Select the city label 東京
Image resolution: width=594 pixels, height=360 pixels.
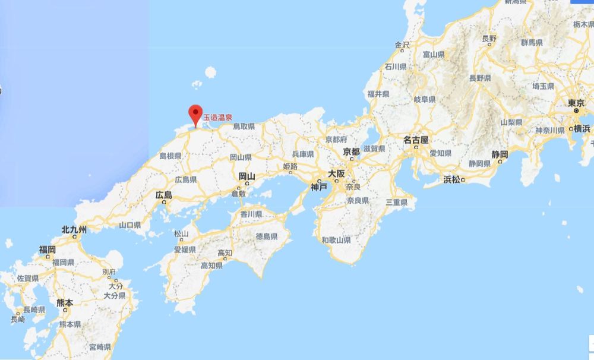coord(576,103)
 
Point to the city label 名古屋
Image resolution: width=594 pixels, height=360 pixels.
coord(416,141)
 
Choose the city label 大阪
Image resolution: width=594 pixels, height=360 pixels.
coord(336,174)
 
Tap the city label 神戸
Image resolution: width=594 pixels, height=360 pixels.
coord(318,187)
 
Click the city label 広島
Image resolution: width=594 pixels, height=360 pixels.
coord(163,195)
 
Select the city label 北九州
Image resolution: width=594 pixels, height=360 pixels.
coord(74,229)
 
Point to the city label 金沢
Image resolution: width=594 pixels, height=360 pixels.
coord(402,45)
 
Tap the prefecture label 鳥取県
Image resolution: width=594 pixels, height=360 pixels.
coord(244,127)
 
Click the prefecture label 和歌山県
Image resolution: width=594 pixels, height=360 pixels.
coord(336,240)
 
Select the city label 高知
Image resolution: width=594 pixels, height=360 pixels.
coord(224,252)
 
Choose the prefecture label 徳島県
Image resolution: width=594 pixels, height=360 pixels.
coord(267,236)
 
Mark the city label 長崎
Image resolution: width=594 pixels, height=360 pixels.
coord(18,319)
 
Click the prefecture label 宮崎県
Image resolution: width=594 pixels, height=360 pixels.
coord(99,347)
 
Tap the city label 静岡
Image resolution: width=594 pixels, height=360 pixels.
coord(500,154)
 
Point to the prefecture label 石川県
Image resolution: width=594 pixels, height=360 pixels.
coord(395,67)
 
